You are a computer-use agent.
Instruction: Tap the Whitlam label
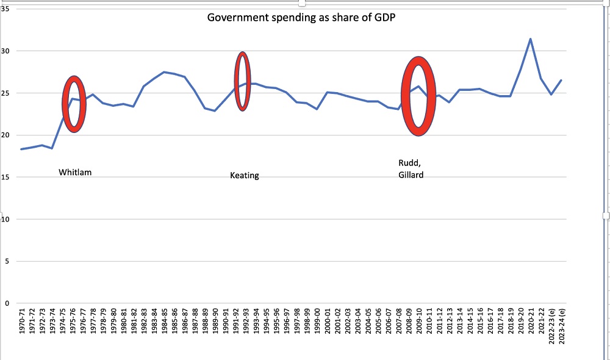click(75, 173)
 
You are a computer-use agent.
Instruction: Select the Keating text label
click(244, 176)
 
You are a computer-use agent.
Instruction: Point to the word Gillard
click(411, 175)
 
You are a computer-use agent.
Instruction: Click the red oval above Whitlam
click(74, 104)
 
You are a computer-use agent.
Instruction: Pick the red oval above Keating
click(242, 82)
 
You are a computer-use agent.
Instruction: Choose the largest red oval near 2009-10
click(418, 96)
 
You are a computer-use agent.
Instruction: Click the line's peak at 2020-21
click(531, 39)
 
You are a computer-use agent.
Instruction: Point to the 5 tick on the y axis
click(6, 262)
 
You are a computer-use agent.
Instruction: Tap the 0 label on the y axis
click(6, 303)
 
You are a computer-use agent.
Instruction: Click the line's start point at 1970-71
click(21, 149)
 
